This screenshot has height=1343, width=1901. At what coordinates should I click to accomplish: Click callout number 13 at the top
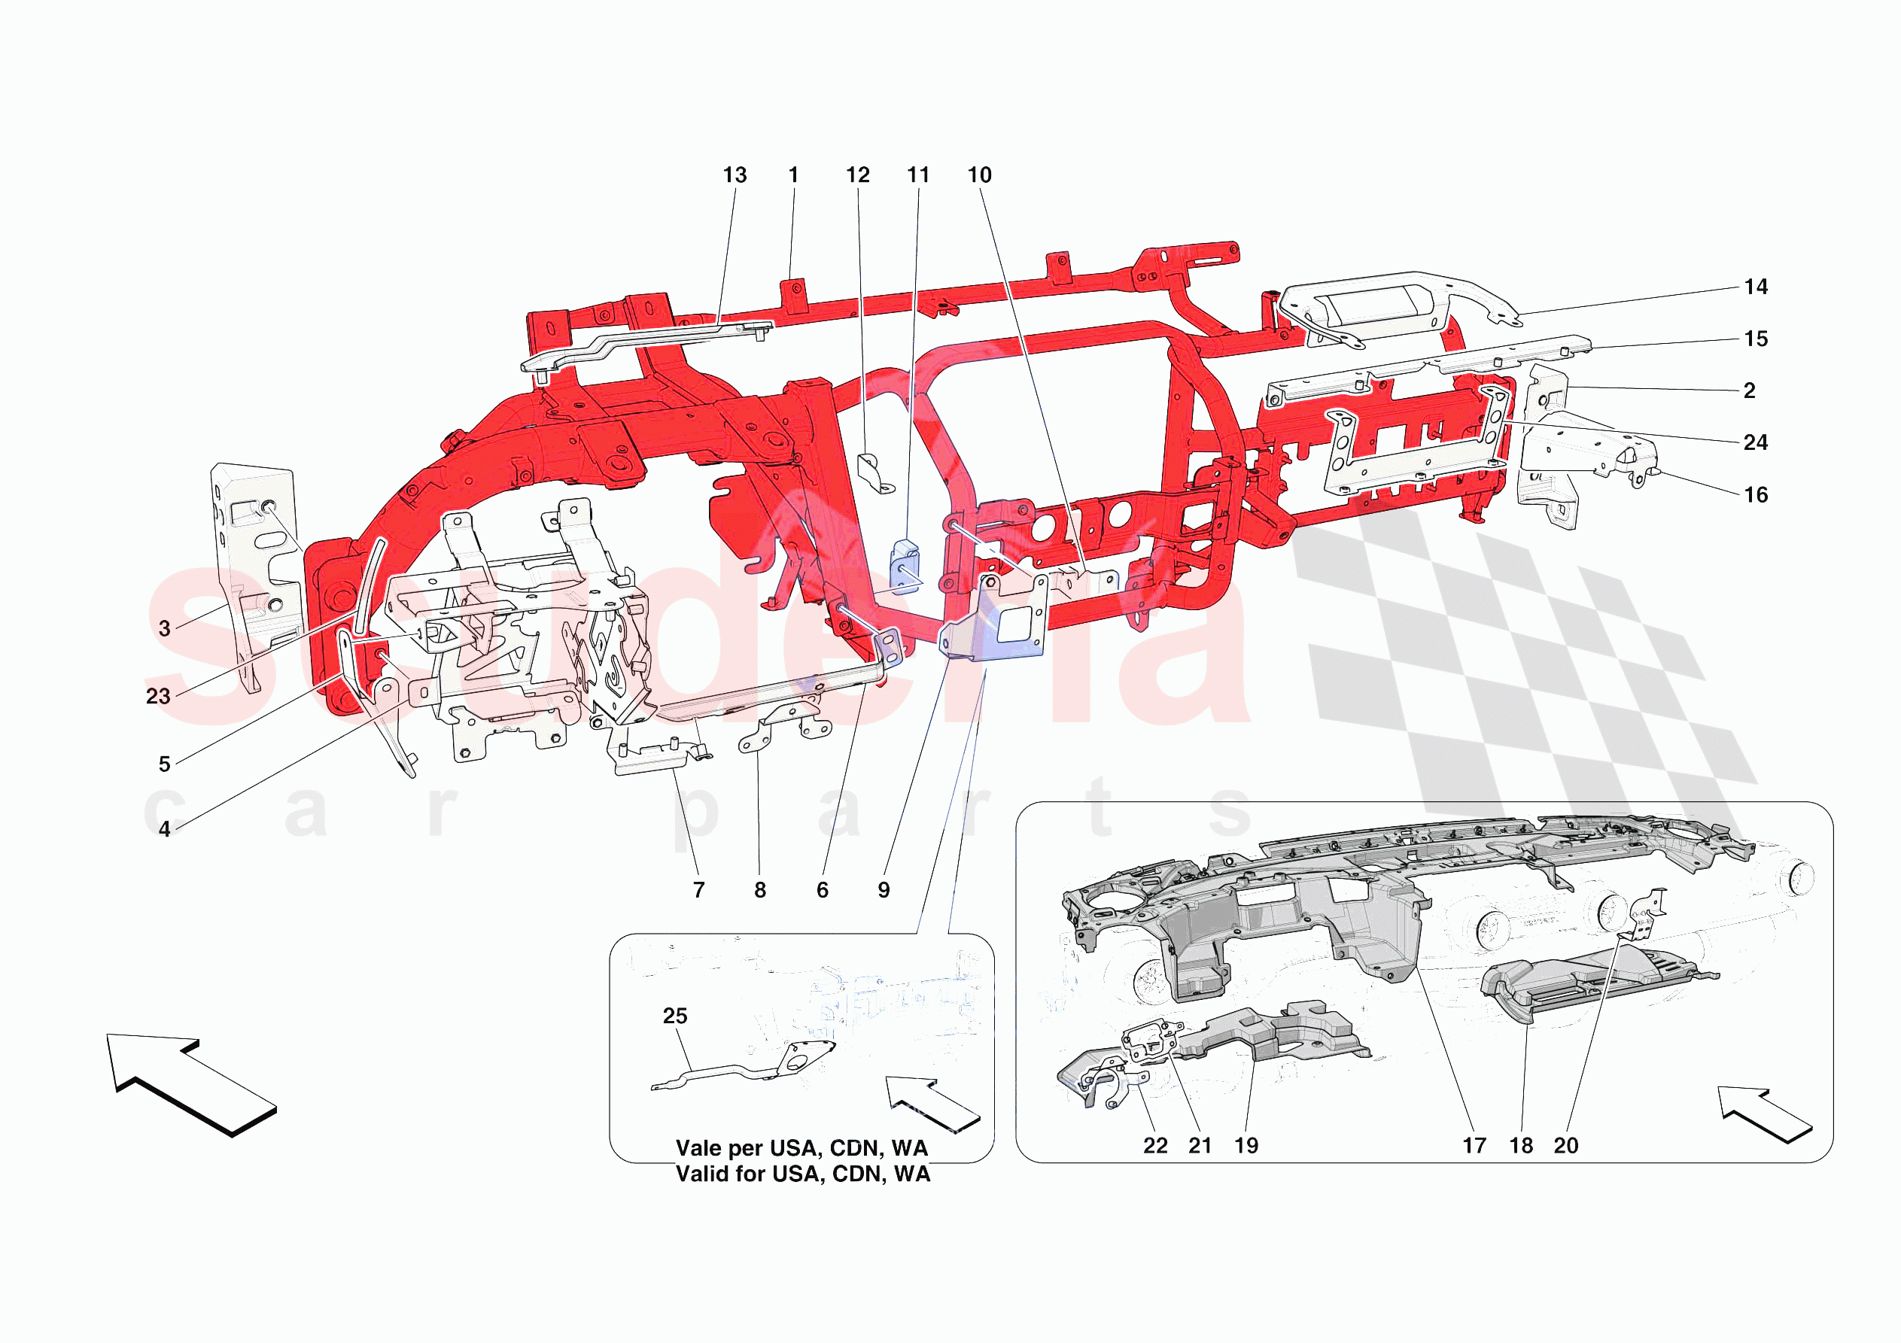pos(735,175)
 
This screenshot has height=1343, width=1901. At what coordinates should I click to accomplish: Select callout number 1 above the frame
pos(793,175)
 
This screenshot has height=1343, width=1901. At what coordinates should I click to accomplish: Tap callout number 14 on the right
pos(1755,287)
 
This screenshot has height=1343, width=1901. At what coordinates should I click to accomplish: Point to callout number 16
pos(1755,495)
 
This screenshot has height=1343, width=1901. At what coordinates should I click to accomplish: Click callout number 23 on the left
pos(158,697)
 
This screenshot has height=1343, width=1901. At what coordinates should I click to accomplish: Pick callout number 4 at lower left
pos(165,829)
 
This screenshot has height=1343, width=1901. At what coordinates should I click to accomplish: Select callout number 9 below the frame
pos(884,890)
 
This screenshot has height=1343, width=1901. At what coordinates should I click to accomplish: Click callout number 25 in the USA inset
pos(675,1016)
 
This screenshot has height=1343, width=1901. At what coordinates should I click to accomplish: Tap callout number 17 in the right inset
pos(1474,1146)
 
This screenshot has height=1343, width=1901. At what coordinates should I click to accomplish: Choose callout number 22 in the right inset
pos(1155,1146)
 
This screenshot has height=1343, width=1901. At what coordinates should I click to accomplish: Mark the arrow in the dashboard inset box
pos(1764,1114)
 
